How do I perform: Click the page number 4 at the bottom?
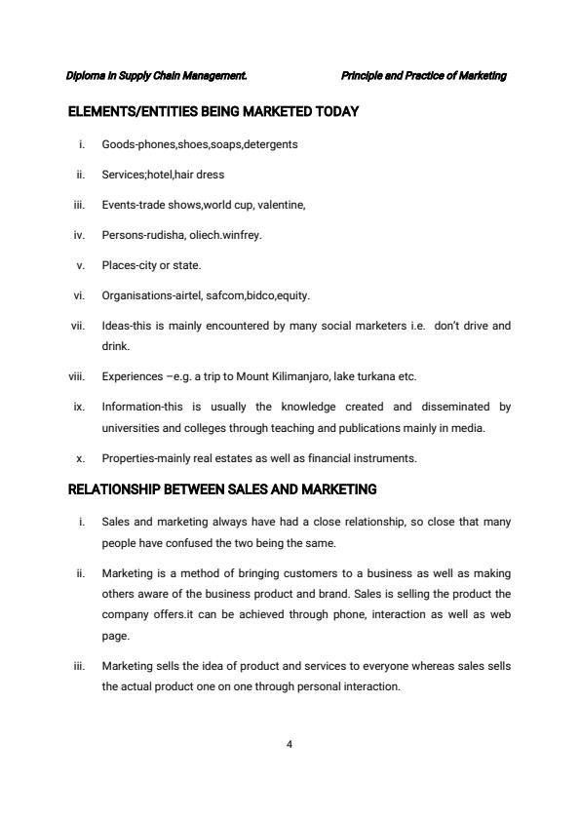click(290, 745)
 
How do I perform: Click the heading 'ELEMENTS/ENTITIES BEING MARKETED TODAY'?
click(213, 112)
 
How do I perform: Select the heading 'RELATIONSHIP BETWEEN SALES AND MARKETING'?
click(222, 488)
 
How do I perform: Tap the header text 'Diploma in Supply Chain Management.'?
click(156, 76)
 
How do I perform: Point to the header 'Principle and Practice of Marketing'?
click(424, 76)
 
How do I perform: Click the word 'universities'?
click(131, 427)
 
